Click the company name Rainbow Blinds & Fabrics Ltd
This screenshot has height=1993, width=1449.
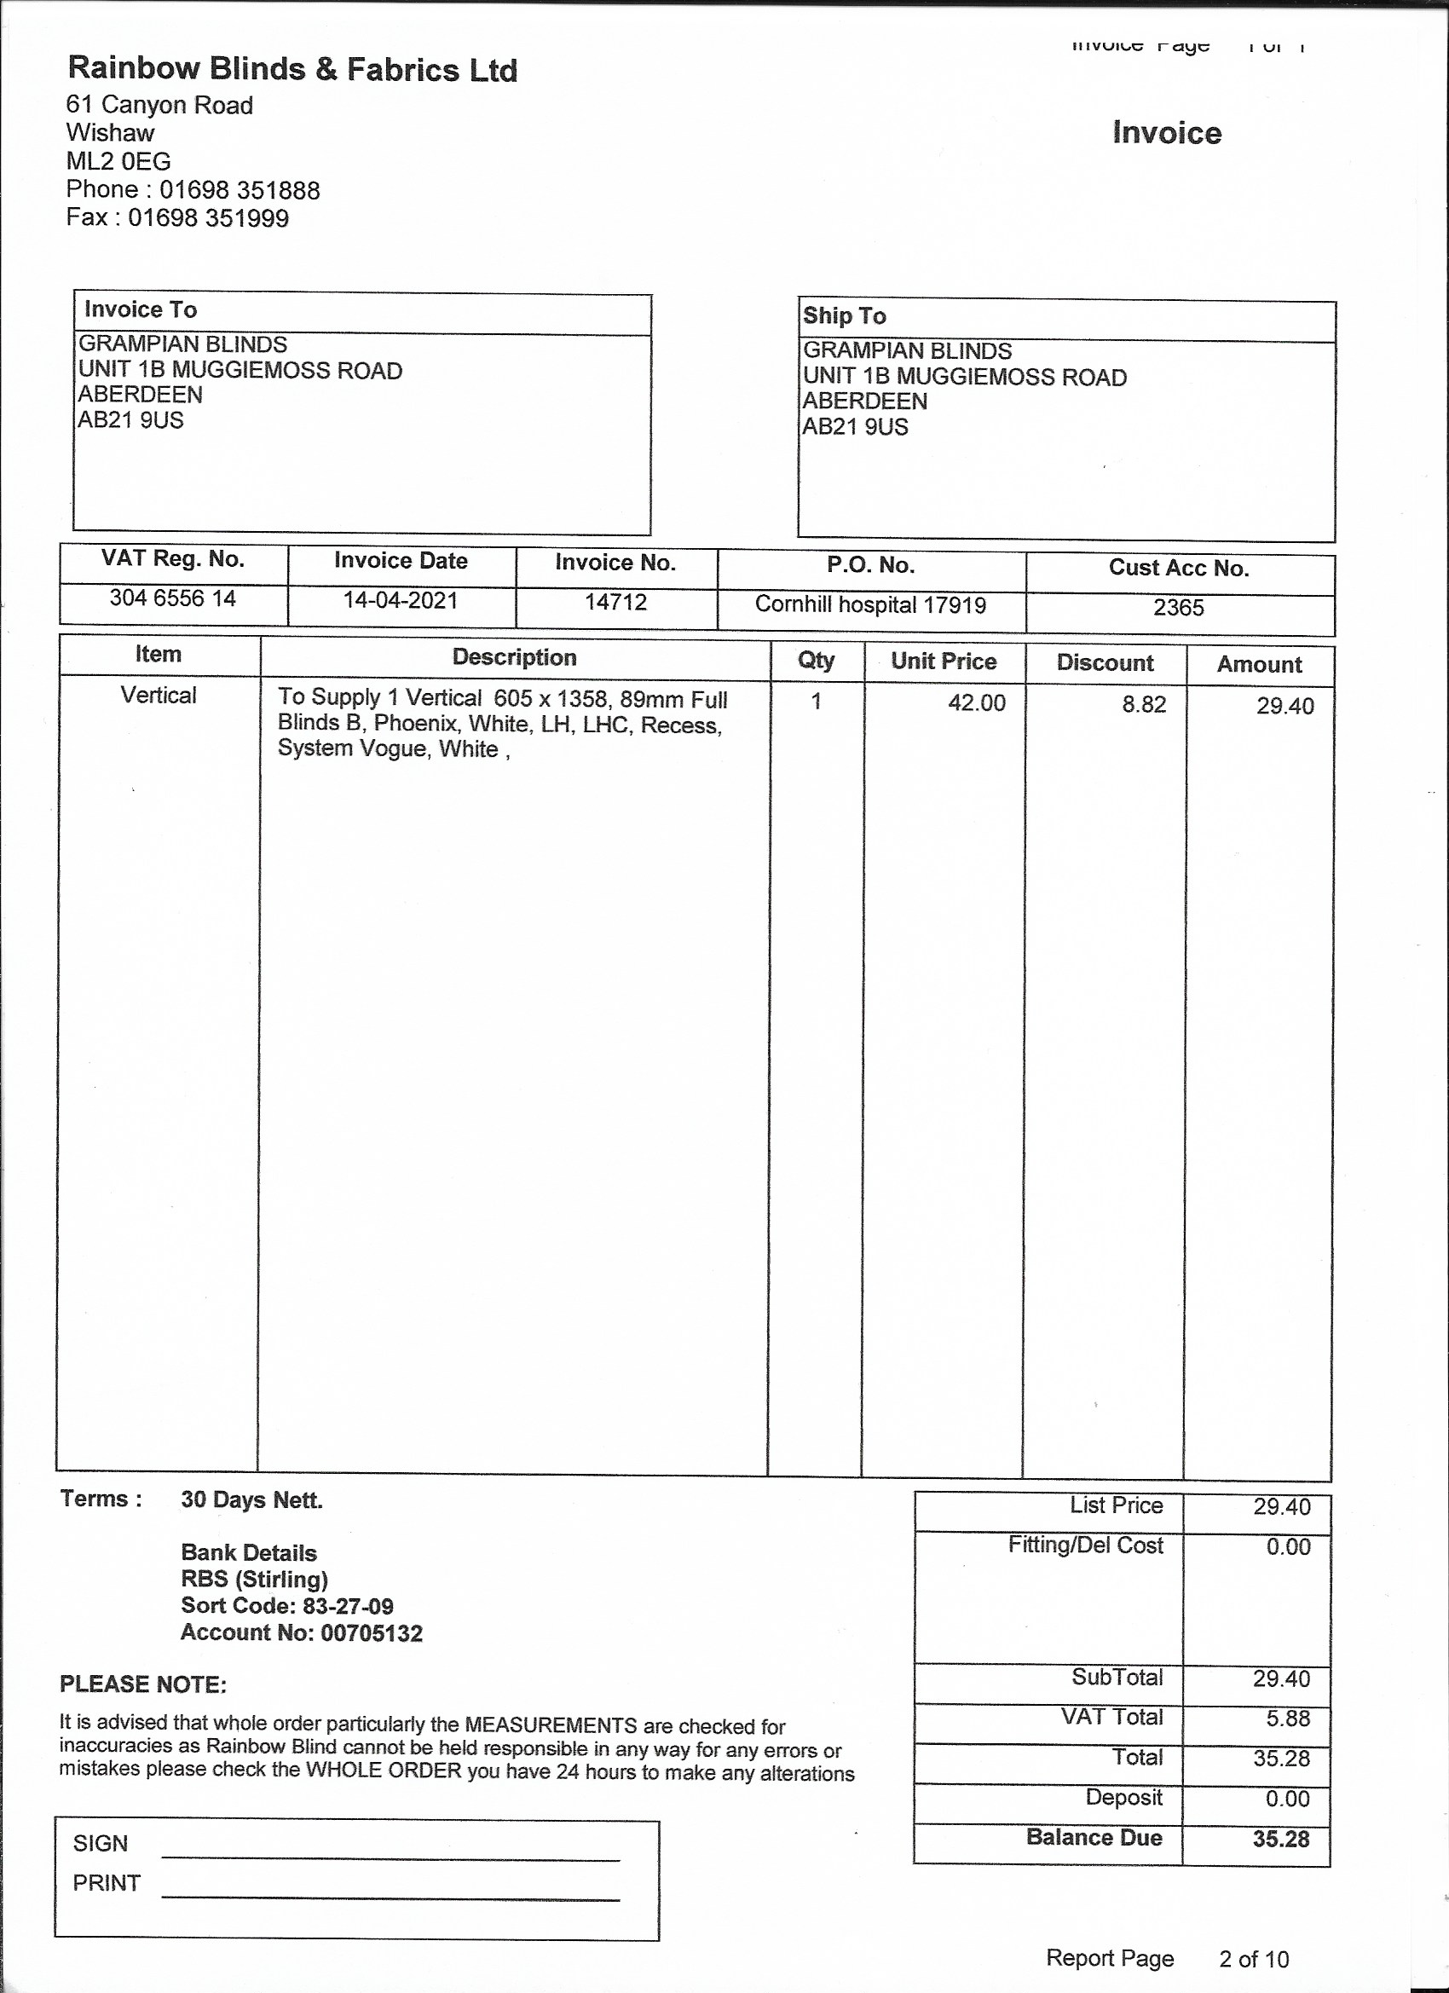(x=292, y=69)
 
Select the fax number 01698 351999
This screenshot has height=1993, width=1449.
(x=208, y=218)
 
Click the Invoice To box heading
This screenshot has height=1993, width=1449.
(x=141, y=310)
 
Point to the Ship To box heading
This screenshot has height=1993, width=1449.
(x=844, y=316)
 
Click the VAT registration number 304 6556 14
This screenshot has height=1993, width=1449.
(x=173, y=598)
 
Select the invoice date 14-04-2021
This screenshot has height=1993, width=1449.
(x=401, y=601)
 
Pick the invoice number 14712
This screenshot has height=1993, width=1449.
(x=616, y=603)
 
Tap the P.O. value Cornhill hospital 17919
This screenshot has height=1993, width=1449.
(x=871, y=605)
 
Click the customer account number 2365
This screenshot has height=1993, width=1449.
(x=1178, y=608)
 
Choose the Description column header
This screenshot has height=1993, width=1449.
(x=514, y=657)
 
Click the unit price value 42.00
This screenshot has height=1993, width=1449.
(x=976, y=703)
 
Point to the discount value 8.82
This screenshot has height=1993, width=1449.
(x=1143, y=705)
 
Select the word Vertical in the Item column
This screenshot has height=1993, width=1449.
(x=159, y=696)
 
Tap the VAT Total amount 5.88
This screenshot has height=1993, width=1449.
(x=1287, y=1719)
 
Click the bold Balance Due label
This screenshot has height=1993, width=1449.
(x=1094, y=1838)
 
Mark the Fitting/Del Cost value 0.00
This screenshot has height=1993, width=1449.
(x=1287, y=1547)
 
